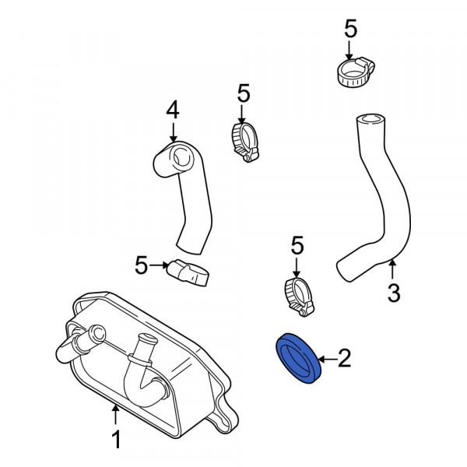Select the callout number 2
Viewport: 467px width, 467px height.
click(345, 358)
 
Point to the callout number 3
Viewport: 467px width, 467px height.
click(394, 293)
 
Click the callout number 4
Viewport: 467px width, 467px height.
click(173, 110)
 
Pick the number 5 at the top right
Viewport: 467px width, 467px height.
click(350, 29)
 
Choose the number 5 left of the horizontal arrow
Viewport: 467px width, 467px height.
click(141, 265)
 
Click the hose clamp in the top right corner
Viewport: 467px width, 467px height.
click(356, 73)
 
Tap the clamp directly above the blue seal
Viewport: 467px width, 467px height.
click(299, 297)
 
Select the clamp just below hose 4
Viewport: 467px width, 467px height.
click(188, 272)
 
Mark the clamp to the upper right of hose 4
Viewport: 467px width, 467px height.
click(245, 142)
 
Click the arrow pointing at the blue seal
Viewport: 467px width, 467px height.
click(328, 359)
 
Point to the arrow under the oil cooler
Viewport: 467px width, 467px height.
click(115, 415)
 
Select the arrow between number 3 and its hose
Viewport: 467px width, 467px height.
click(393, 269)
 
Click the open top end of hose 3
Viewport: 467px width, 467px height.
click(370, 119)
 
